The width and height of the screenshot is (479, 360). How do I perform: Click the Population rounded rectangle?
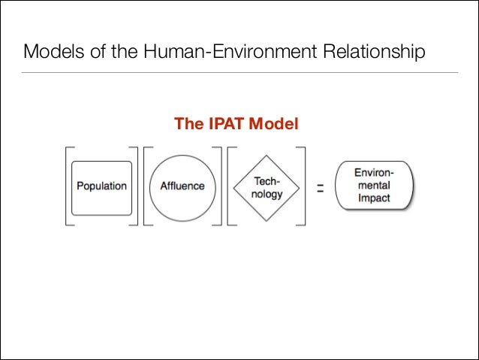[101, 186]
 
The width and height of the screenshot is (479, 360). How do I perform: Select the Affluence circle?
[182, 186]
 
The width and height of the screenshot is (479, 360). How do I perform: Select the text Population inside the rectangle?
[101, 186]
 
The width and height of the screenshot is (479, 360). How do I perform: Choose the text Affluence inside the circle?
[182, 186]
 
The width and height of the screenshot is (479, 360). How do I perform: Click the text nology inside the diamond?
[267, 194]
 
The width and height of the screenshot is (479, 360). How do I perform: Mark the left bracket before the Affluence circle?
[146, 186]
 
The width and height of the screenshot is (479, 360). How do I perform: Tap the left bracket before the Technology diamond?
[230, 186]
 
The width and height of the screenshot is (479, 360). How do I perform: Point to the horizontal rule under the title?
[239, 73]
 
